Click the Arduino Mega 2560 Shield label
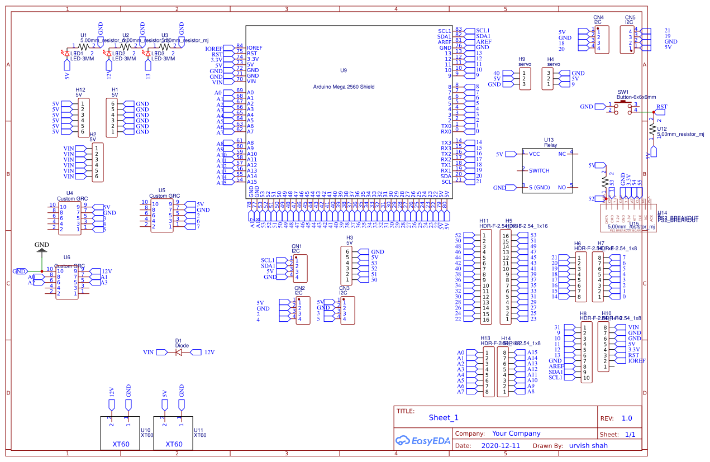[x=343, y=87]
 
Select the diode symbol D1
[x=179, y=352]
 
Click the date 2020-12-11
[x=500, y=446]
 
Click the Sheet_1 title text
[x=444, y=417]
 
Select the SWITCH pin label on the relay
[x=539, y=170]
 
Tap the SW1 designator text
[x=623, y=92]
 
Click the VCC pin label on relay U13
[x=534, y=153]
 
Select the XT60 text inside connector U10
[x=121, y=444]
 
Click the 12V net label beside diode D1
[x=209, y=353]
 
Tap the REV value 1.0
[x=627, y=418]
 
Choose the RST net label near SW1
[x=661, y=107]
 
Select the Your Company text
[x=516, y=434]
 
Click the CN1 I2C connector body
[x=301, y=268]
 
